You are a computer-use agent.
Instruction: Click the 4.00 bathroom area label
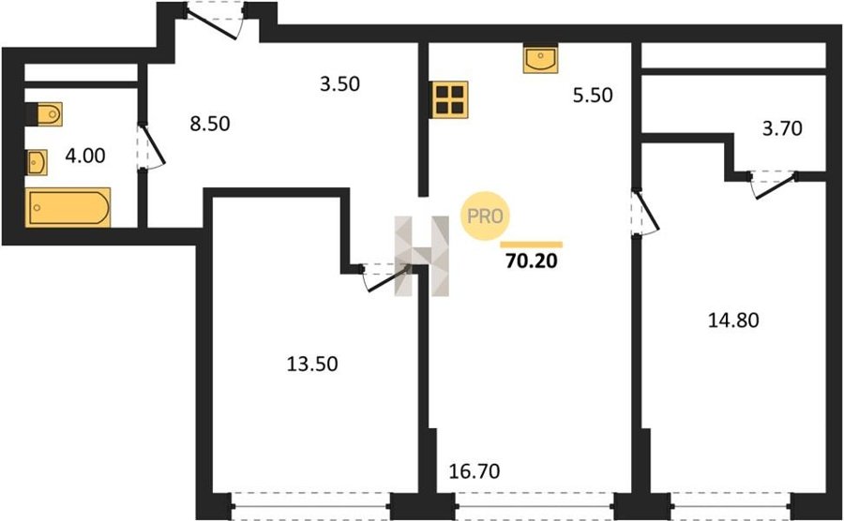click(x=85, y=156)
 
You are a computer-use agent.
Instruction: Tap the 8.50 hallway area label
click(x=210, y=124)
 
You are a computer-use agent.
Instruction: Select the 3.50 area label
click(x=339, y=84)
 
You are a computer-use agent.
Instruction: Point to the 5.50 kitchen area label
click(x=593, y=96)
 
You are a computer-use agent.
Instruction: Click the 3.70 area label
click(x=782, y=128)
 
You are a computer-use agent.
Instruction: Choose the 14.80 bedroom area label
click(x=733, y=320)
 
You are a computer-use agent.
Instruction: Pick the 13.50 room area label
click(x=312, y=364)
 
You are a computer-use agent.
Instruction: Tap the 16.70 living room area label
click(x=475, y=471)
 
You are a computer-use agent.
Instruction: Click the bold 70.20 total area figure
click(x=532, y=260)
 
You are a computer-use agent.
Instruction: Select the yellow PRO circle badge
click(x=485, y=216)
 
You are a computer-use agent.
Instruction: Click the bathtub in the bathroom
click(x=68, y=207)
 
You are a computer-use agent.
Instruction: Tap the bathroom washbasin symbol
click(x=37, y=162)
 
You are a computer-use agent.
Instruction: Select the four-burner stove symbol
click(x=450, y=99)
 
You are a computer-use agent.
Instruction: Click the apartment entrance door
click(x=213, y=21)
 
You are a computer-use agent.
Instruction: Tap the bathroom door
click(x=151, y=147)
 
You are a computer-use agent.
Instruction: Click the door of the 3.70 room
click(x=774, y=185)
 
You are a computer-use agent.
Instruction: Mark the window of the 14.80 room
click(x=731, y=506)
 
